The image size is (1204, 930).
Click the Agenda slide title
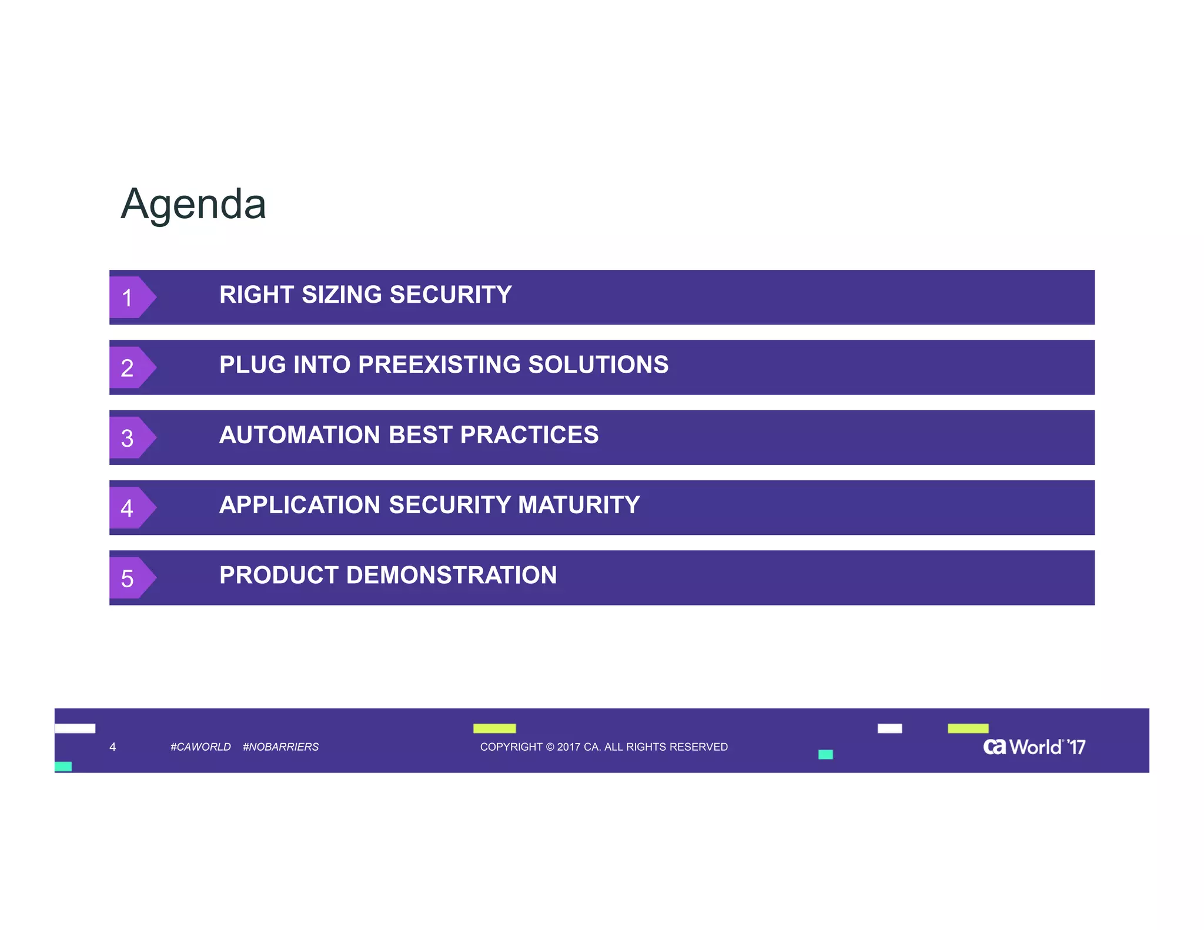pos(193,205)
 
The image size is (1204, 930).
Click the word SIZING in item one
pos(342,295)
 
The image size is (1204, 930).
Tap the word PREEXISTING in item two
pos(439,364)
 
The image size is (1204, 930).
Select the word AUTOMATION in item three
pos(300,435)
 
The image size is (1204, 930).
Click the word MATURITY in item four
pos(578,505)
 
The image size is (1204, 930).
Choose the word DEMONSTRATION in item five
pos(451,575)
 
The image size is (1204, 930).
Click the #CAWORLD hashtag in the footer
pos(200,747)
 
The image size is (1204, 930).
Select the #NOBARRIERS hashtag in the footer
pos(280,747)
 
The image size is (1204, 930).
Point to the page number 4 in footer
pos(112,747)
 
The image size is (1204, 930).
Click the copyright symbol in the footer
pos(550,747)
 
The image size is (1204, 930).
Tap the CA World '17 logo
pos(1034,747)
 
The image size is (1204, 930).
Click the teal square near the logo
pos(825,754)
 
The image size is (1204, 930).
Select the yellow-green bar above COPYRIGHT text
pos(494,728)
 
